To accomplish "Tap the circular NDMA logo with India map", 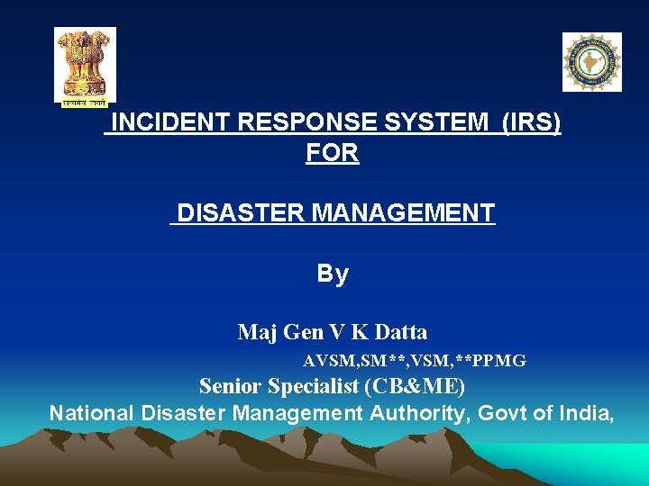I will pyautogui.click(x=591, y=62).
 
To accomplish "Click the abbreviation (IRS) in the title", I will pyautogui.click(x=532, y=123).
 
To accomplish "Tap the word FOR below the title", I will pyautogui.click(x=333, y=154).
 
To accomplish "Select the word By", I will pyautogui.click(x=333, y=274).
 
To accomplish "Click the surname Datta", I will pyautogui.click(x=400, y=332).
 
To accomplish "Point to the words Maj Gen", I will pyautogui.click(x=280, y=332).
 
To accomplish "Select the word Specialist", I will pyautogui.click(x=315, y=387).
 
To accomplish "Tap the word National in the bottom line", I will pyautogui.click(x=90, y=413).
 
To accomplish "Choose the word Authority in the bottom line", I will pyautogui.click(x=416, y=413).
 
